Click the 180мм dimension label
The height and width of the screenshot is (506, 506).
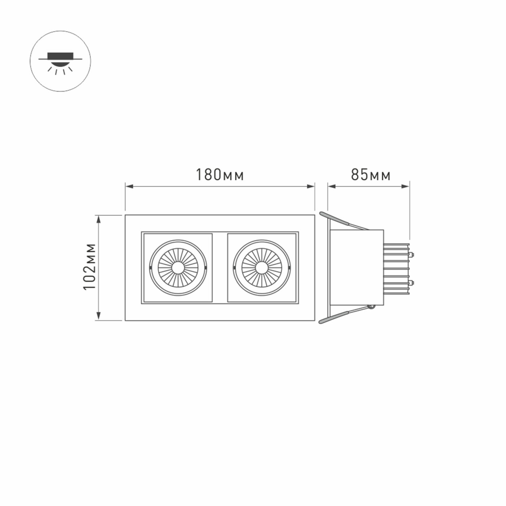pyautogui.click(x=220, y=175)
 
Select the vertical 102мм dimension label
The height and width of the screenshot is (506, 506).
pyautogui.click(x=89, y=267)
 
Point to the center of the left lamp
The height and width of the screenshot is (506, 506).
pyautogui.click(x=178, y=267)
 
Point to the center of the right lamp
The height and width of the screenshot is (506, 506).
pyautogui.click(x=261, y=267)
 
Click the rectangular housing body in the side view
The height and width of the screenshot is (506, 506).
pyautogui.click(x=358, y=267)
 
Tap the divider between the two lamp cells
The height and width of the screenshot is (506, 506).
pyautogui.click(x=220, y=267)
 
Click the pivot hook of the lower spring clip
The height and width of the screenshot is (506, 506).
pyautogui.click(x=371, y=307)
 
